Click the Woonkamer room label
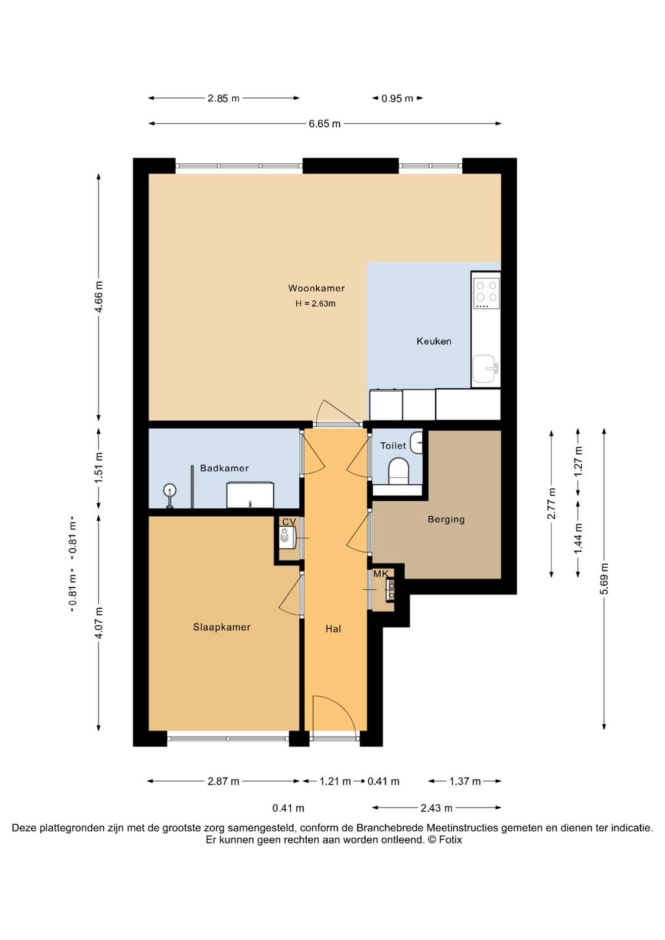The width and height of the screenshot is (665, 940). pos(316,288)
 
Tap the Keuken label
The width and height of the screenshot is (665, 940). pos(434,341)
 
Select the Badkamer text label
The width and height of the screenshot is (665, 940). pos(224,468)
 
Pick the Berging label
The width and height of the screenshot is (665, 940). pos(446,519)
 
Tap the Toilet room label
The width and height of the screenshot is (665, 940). pos(393,445)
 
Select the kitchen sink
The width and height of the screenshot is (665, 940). pos(485,369)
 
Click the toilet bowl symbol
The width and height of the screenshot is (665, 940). pos(398,470)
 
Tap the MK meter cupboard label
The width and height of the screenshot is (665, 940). pos(381,573)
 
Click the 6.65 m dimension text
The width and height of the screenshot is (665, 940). pos(324,124)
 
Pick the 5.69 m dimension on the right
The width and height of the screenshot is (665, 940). pos(604,578)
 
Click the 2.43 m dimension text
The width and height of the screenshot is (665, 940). pos(437,808)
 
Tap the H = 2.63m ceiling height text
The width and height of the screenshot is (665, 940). pos(315,304)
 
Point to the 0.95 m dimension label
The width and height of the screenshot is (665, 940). pos(397,99)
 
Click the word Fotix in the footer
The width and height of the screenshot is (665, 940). pos(450,840)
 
